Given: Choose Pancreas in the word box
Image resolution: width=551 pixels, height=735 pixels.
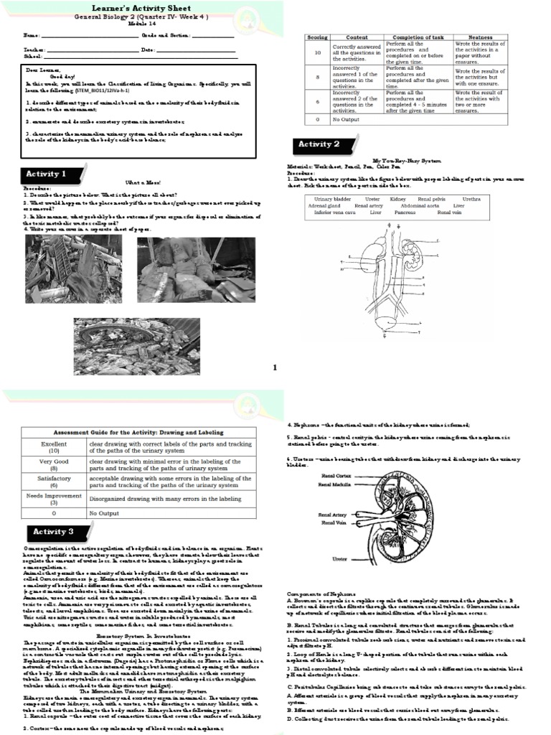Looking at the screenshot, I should point(405,212).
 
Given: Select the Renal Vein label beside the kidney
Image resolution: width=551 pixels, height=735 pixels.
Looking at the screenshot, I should point(334,523).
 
